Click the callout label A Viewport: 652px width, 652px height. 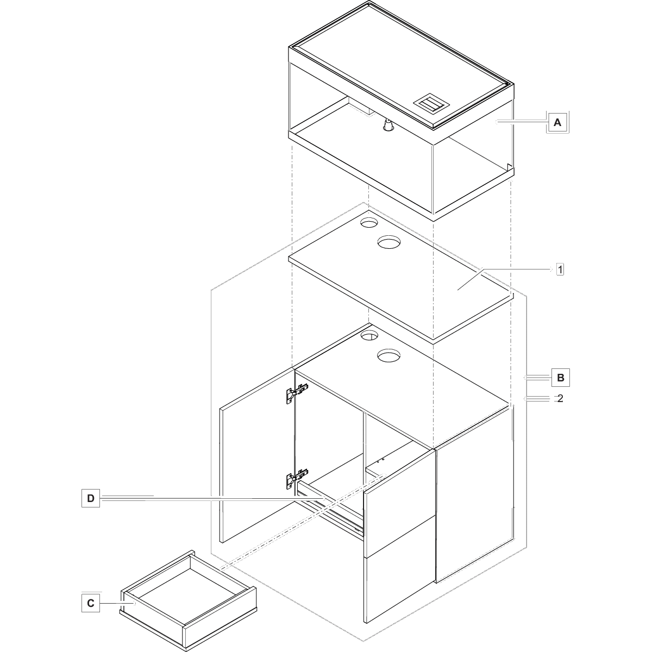pos(557,123)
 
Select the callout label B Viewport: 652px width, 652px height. pos(561,377)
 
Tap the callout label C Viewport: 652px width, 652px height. pos(91,603)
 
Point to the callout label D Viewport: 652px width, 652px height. pos(91,498)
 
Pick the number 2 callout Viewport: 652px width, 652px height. pos(560,398)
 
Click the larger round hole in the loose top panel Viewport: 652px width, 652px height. pos(389,242)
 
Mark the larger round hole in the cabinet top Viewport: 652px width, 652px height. pos(389,356)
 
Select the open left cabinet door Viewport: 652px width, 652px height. pos(255,456)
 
